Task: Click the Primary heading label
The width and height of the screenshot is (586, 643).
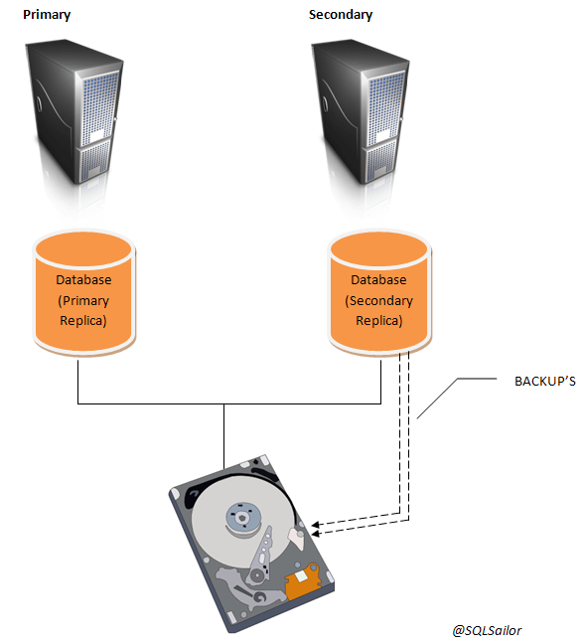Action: tap(47, 15)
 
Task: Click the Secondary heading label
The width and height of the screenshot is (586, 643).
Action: tap(340, 15)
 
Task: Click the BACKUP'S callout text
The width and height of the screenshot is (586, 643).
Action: tap(545, 381)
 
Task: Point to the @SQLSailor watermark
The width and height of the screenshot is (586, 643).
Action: tap(486, 630)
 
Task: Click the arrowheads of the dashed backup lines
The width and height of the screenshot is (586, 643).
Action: tap(317, 524)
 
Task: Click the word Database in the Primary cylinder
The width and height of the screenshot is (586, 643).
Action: tap(83, 279)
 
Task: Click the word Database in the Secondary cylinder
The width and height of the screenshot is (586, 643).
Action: tap(379, 279)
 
